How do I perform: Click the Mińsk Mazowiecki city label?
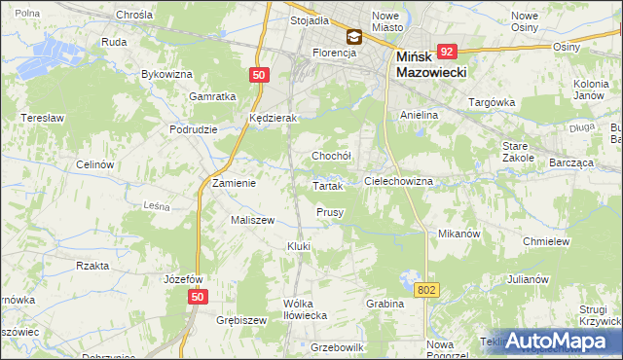pos(432,65)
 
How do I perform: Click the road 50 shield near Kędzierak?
pos(258,75)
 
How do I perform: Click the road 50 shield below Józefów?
pos(198,298)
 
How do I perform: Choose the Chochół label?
pos(330,156)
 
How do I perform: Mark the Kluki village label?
pos(298,246)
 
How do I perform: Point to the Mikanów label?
pos(459,234)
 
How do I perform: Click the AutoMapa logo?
pos(558,341)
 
